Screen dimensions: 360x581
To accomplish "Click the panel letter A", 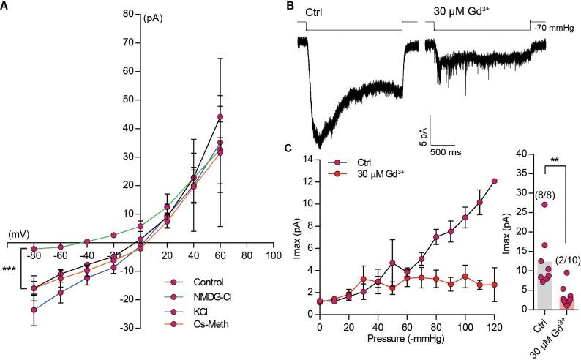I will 6,7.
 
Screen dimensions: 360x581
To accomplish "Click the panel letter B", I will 290,7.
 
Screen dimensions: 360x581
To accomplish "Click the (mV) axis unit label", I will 17,234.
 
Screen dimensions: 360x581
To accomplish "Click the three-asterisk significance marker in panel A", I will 10,270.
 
